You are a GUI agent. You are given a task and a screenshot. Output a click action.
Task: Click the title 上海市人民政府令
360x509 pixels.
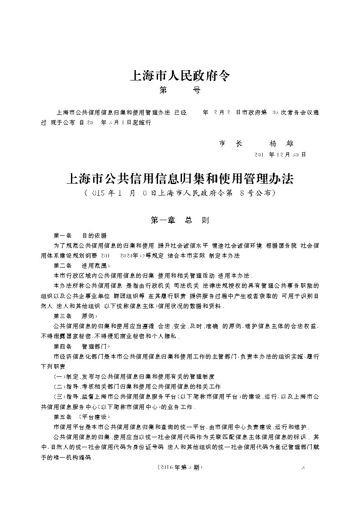click(x=179, y=77)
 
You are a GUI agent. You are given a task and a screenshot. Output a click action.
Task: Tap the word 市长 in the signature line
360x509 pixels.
click(x=231, y=143)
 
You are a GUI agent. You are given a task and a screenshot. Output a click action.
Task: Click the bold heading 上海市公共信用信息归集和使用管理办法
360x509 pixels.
click(x=180, y=178)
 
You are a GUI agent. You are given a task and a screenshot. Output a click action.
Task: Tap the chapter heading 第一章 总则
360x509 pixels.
click(x=180, y=220)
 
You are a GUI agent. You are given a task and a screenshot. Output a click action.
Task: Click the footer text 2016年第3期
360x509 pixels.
click(x=179, y=467)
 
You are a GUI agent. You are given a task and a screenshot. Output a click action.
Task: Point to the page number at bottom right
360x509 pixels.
click(x=303, y=467)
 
